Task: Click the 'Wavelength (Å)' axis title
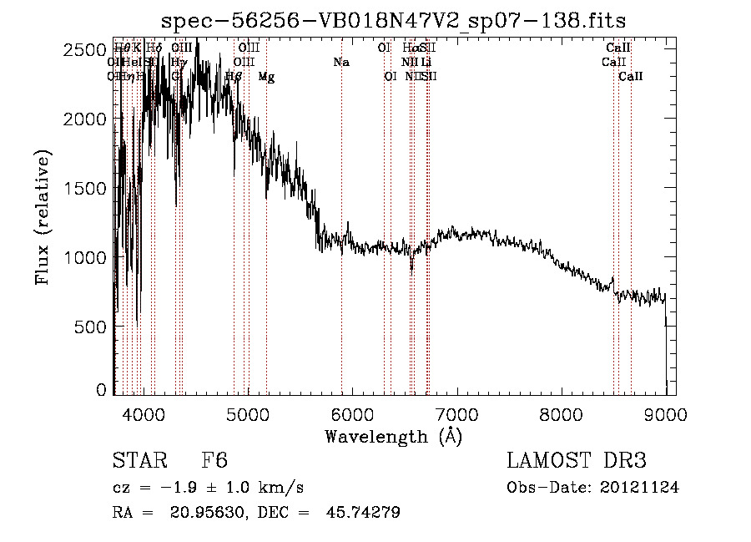(x=393, y=436)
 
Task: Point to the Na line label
(x=340, y=62)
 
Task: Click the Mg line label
(x=266, y=77)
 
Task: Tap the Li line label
(x=426, y=62)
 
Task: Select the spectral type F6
(x=214, y=461)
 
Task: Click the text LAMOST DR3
(x=577, y=461)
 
